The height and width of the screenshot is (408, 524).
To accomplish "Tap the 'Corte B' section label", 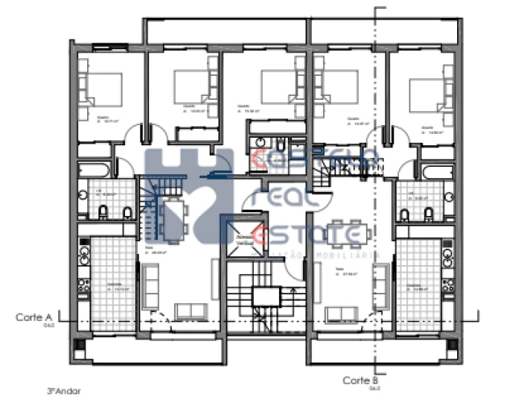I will coord(360,380).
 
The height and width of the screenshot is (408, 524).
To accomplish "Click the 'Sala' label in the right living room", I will coord(339,271).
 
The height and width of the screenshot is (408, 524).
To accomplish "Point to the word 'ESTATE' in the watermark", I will coord(306,235).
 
